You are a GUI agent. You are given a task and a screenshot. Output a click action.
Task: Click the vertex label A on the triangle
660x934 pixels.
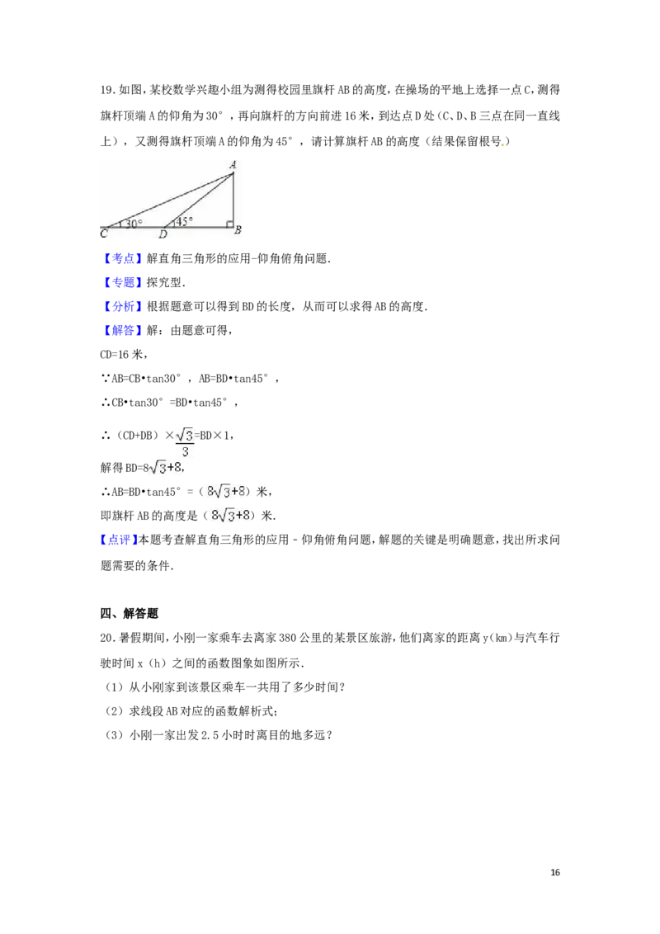[233, 165]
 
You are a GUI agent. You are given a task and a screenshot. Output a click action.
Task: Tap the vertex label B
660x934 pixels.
[238, 230]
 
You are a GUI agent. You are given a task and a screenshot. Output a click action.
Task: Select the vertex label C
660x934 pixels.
[103, 234]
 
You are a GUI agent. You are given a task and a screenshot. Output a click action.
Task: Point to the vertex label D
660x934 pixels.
[163, 234]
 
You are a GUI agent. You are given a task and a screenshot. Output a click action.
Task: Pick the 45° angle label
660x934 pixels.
[183, 220]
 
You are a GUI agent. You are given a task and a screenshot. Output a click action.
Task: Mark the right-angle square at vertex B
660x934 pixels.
[230, 223]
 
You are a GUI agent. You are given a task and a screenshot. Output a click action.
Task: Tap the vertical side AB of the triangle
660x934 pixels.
[234, 198]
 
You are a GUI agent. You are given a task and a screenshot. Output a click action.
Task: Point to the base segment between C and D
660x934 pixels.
[136, 227]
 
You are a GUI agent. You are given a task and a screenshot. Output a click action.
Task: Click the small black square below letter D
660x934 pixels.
[162, 241]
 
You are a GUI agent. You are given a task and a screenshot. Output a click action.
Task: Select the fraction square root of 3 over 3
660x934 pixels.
[185, 441]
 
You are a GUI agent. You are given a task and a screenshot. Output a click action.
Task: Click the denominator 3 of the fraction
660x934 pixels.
[186, 451]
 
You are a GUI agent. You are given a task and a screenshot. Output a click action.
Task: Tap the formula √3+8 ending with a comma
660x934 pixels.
[165, 467]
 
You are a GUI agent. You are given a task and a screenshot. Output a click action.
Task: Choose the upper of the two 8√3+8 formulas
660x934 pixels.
[225, 491]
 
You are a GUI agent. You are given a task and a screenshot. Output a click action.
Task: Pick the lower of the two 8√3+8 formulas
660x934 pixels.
[228, 516]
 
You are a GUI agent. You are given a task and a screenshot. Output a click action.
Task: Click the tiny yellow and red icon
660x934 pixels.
[503, 145]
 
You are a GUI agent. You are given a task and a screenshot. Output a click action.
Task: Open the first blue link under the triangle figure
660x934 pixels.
[123, 258]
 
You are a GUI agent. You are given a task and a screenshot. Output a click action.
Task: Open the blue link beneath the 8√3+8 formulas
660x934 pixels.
[119, 540]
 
